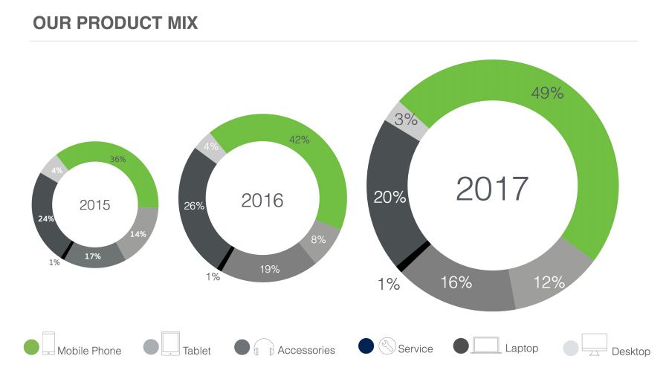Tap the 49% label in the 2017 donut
coord(547,93)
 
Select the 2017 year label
coord(491,189)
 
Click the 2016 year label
coord(262,200)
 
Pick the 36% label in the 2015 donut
coord(118,159)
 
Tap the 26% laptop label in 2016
coord(194,206)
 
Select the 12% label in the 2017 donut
coord(549,282)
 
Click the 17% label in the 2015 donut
coord(93,256)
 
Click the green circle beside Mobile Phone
coord(31,347)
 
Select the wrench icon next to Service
coord(387,346)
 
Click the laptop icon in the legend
coord(486,346)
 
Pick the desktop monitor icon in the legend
coord(594,345)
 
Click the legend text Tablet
coord(196,350)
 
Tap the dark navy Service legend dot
coord(365,346)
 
